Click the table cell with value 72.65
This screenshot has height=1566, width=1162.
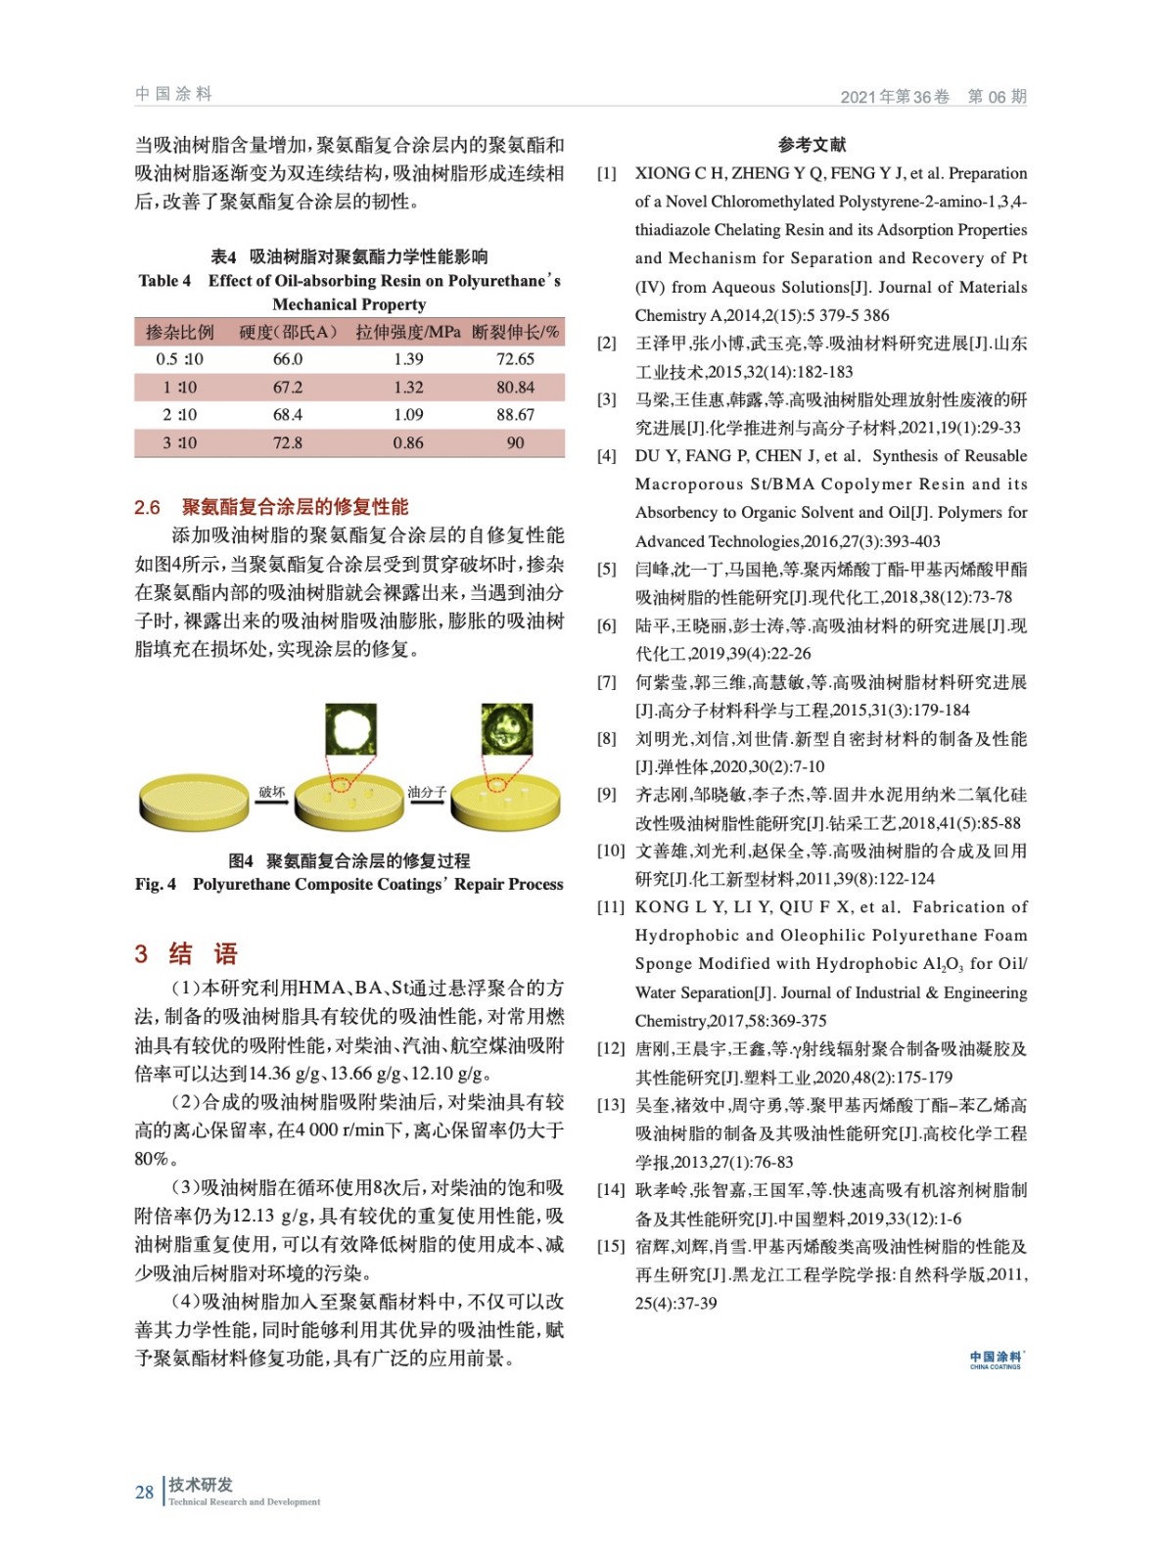point(515,359)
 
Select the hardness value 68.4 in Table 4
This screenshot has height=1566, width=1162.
point(288,415)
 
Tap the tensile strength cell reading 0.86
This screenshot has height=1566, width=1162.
point(408,443)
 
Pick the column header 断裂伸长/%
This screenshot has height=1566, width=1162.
point(516,332)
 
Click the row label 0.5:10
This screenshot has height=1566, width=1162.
point(179,359)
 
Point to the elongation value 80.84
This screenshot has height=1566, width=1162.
point(515,388)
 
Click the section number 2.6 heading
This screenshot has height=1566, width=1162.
point(147,507)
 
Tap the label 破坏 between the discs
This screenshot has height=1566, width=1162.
point(271,792)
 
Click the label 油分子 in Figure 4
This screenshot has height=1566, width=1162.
point(427,792)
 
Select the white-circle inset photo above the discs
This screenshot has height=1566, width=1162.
point(350,729)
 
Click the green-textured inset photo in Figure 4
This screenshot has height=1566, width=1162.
point(506,729)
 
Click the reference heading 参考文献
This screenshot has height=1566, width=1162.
point(812,145)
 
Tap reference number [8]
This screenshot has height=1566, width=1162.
point(607,739)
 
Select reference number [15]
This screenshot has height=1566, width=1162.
point(611,1246)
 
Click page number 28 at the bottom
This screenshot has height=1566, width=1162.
point(144,1493)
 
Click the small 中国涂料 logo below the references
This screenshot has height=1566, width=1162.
point(996,1359)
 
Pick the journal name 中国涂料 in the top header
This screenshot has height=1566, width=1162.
point(173,94)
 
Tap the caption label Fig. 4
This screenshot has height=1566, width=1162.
point(156,885)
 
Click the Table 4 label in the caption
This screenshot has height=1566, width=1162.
point(164,281)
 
